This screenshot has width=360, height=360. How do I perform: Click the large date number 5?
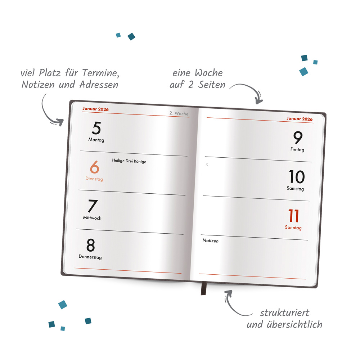click(x=96, y=129)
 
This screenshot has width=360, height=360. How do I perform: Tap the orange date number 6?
click(x=94, y=167)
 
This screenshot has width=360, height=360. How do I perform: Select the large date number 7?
click(x=93, y=206)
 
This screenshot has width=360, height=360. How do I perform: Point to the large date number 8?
click(x=91, y=245)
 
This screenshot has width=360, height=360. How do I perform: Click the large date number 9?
click(x=298, y=138)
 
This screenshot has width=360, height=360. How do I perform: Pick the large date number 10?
click(x=297, y=177)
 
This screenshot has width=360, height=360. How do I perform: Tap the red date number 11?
click(x=294, y=216)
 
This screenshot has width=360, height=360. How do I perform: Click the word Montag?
click(x=96, y=140)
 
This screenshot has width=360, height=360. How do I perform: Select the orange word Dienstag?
click(x=94, y=179)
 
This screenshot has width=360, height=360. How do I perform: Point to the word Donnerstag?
click(x=90, y=257)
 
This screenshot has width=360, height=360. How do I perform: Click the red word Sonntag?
click(x=293, y=228)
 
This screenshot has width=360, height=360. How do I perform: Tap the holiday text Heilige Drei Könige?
click(x=129, y=161)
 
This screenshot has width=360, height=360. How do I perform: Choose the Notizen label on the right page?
click(x=210, y=240)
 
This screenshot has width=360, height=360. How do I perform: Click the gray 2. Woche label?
click(x=179, y=114)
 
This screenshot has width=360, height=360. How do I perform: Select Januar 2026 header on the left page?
click(x=95, y=109)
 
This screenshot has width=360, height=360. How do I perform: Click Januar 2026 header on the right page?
click(x=300, y=119)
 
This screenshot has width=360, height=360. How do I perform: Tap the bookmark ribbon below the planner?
click(x=204, y=288)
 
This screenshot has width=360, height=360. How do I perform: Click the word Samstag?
click(x=295, y=189)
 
